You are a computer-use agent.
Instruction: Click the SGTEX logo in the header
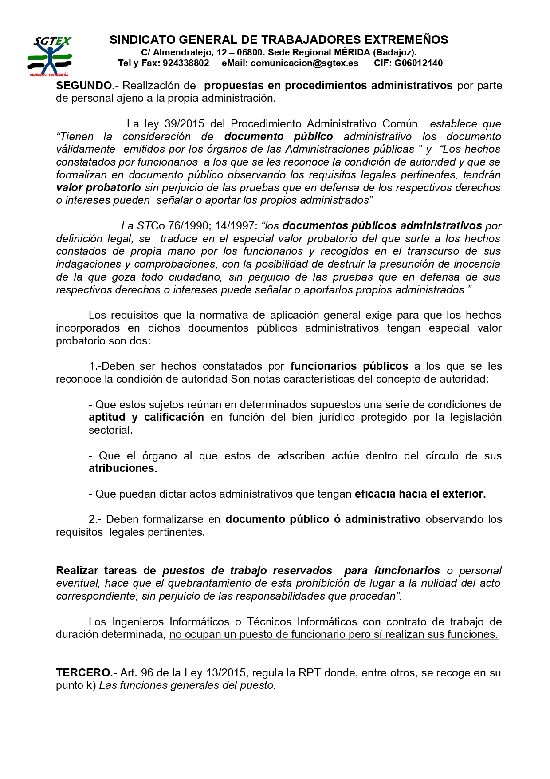(x=50, y=55)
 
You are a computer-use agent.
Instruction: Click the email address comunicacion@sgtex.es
(x=304, y=63)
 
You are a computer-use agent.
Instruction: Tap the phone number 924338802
(x=186, y=63)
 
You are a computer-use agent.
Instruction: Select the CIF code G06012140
(x=418, y=63)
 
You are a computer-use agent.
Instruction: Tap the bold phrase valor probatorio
(x=98, y=188)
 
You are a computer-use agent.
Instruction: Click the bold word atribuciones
(x=122, y=469)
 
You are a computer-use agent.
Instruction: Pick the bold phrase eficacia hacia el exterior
(x=420, y=494)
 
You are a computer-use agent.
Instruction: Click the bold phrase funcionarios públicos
(x=349, y=366)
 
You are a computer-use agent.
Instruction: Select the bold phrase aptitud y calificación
(x=146, y=417)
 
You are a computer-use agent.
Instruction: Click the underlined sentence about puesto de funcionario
(x=334, y=635)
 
